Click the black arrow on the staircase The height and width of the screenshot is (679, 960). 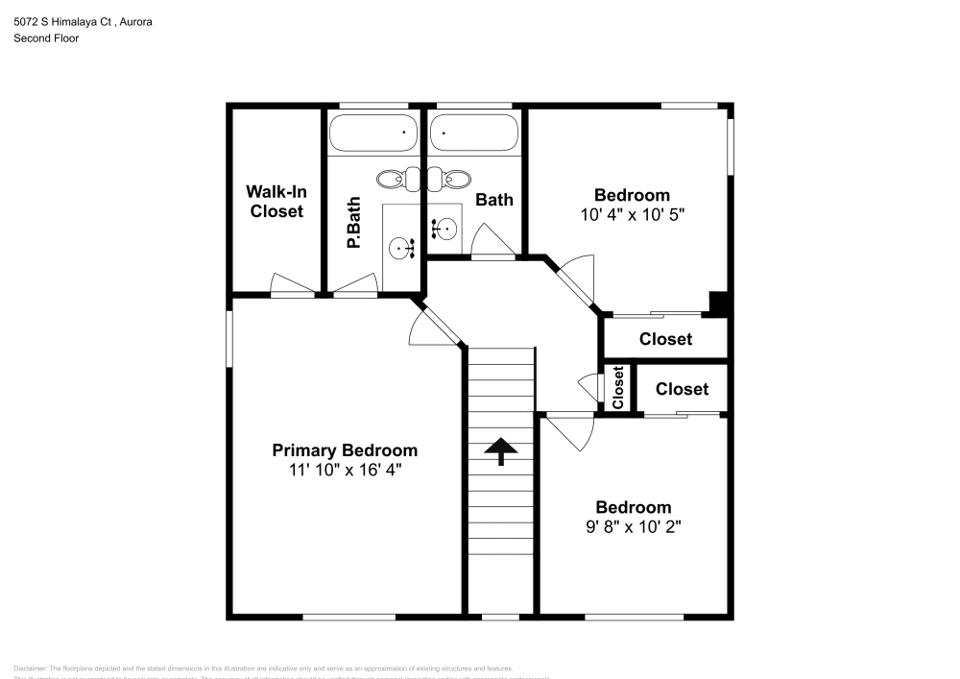point(501,450)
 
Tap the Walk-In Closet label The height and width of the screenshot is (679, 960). point(276,201)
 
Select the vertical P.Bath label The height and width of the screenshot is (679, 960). point(353,223)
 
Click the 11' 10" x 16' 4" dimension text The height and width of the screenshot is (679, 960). point(345,470)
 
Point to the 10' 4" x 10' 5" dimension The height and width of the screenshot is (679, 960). point(632,214)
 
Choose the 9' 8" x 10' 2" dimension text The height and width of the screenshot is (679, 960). point(633,526)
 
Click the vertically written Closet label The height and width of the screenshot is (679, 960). point(618,388)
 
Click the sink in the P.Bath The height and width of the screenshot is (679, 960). point(401,249)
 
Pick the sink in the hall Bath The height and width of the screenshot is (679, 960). point(445,229)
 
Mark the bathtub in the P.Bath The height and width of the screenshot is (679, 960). point(372,132)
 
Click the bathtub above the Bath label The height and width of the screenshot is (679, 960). point(474,132)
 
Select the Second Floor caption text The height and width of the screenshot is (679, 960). point(46,38)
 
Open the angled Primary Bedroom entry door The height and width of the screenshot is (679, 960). point(427,325)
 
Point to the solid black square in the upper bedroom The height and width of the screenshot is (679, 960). point(718,303)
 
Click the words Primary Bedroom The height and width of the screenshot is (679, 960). point(345,450)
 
